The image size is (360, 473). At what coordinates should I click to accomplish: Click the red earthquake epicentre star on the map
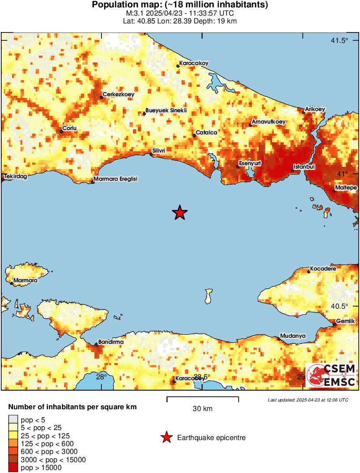pos(179,213)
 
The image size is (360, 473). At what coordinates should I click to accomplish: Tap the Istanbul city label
pos(304,166)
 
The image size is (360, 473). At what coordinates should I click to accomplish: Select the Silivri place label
pos(158,150)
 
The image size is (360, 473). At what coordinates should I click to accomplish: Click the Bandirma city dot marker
pos(96,345)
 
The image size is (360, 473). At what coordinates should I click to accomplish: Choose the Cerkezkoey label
pos(118,94)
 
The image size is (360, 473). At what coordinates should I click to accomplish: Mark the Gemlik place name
pos(346,321)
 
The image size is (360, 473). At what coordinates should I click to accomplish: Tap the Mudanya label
pos(293,336)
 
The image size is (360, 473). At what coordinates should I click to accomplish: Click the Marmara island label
pos(25,281)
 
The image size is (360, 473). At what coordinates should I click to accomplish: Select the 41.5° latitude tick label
pos(339,41)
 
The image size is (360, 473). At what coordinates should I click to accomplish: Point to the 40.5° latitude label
pos(339,306)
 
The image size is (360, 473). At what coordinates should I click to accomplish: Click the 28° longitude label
pos(101,376)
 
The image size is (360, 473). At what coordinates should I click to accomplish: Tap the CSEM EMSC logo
pos(331,375)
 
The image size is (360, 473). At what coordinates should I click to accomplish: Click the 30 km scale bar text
pos(202,408)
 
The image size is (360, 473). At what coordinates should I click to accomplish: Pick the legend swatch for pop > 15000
pos(13,467)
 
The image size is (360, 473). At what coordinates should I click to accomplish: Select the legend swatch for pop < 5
pos(13,420)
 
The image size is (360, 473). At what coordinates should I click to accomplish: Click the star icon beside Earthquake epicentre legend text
pos(166,438)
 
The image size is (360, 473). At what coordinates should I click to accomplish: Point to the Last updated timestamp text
pos(308,400)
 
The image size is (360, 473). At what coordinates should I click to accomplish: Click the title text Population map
pos(180,5)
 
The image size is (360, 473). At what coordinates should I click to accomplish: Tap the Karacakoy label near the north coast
pos(194,63)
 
